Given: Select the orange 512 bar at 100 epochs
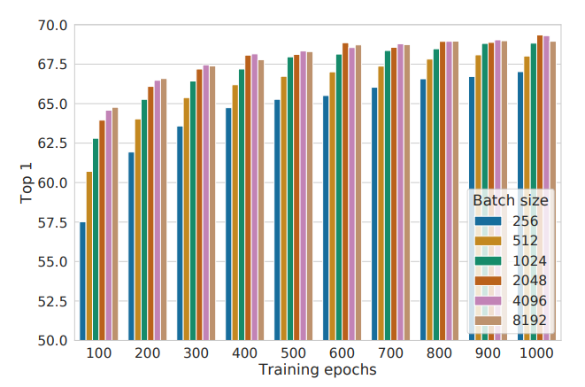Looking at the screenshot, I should tap(89, 256).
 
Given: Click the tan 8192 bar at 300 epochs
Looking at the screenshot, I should tap(212, 203).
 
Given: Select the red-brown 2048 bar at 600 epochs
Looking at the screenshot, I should tap(345, 191).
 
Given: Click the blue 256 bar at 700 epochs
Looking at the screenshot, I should tap(374, 213).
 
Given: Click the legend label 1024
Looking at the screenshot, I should tap(529, 260).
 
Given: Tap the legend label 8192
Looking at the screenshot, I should tap(529, 321).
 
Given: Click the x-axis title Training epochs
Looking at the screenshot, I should tap(317, 369).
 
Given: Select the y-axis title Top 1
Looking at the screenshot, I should tap(26, 183).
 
